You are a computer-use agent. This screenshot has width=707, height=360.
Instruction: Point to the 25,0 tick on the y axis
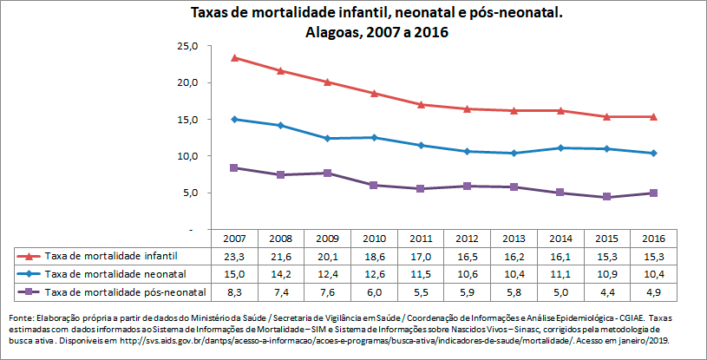click(189, 46)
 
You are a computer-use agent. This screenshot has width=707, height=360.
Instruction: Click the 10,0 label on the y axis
click(189, 156)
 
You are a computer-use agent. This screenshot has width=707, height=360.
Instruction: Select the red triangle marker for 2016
click(653, 117)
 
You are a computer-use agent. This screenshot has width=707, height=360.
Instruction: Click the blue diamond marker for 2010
click(373, 138)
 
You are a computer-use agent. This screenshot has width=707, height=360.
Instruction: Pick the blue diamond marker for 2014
click(560, 148)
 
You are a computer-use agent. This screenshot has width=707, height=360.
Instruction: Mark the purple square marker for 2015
click(606, 197)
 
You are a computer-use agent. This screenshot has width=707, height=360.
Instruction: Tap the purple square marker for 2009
click(326, 173)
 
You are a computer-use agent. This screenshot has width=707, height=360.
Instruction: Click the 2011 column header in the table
click(420, 239)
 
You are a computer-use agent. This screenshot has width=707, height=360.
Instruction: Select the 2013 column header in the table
click(513, 239)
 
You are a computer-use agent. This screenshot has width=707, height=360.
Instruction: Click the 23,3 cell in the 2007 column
click(233, 256)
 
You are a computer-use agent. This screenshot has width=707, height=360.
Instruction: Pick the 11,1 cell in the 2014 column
click(560, 274)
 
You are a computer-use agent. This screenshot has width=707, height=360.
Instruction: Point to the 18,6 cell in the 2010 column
click(373, 256)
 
